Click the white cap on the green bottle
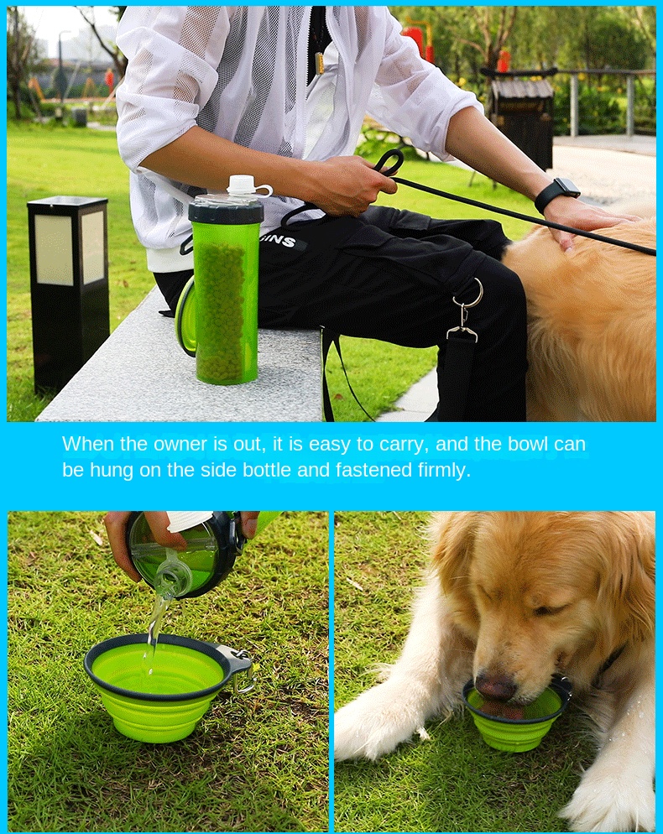(242, 185)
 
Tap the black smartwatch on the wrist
(557, 194)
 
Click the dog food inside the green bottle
(221, 310)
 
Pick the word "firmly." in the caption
(444, 470)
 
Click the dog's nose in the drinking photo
(496, 688)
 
